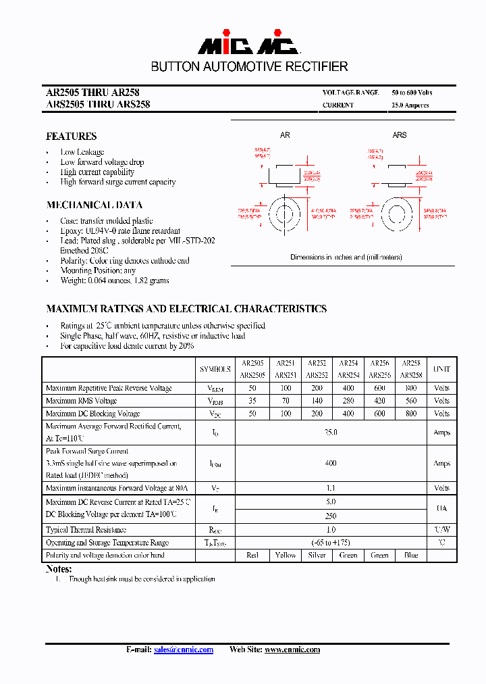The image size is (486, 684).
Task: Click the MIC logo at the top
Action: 248,45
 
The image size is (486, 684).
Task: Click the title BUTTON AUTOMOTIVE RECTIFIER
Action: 249,67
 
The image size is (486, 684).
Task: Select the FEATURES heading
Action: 71,136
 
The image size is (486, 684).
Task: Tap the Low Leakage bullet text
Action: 82,152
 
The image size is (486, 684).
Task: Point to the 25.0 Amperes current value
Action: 410,105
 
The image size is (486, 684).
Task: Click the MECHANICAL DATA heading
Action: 94,205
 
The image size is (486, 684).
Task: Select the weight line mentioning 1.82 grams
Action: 114,280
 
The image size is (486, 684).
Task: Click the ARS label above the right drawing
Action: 400,135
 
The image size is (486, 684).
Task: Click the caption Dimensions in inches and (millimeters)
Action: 346,258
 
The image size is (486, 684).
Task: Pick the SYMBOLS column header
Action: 215,370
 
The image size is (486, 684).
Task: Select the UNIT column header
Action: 441,370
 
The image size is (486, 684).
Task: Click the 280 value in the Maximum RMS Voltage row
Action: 348,401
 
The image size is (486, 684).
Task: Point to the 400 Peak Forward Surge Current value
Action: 331,464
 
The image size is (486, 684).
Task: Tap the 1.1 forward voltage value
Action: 331,488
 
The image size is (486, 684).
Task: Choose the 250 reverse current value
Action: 331,516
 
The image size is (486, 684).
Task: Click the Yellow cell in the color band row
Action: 286,556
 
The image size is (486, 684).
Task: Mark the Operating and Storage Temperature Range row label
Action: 107,543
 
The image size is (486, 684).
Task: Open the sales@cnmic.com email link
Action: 183,650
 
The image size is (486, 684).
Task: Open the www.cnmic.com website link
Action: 292,650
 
